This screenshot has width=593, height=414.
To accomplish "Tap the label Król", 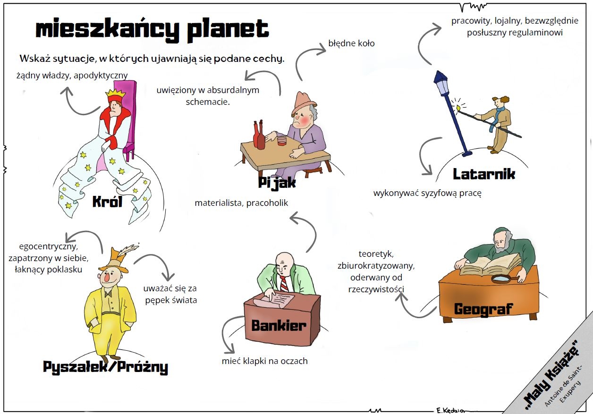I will click(x=107, y=202).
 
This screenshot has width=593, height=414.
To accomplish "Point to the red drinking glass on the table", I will click(x=281, y=141).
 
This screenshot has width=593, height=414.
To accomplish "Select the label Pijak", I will click(x=277, y=182).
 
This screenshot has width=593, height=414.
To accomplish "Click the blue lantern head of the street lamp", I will click(x=441, y=83).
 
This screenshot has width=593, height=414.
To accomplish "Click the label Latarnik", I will click(x=483, y=174).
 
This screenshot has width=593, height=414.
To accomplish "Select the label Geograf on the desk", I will click(x=483, y=309).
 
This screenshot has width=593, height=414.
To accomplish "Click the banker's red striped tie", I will click(x=284, y=283).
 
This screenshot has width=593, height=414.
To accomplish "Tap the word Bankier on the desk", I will click(x=279, y=325).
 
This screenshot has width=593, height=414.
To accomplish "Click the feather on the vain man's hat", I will click(x=128, y=251).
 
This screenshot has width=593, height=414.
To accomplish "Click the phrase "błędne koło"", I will click(x=351, y=43).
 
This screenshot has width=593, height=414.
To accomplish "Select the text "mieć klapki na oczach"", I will click(x=264, y=361).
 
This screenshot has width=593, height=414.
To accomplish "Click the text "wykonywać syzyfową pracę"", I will click(x=427, y=193).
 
